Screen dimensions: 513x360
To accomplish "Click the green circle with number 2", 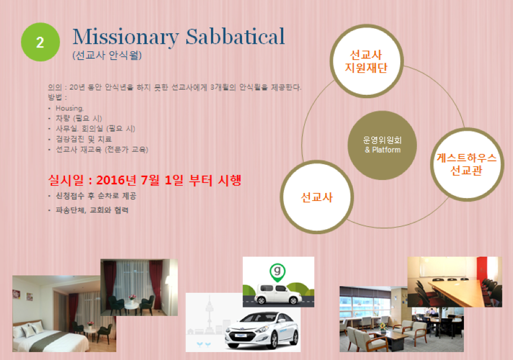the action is pyautogui.click(x=40, y=42).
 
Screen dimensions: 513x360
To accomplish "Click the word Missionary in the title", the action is pyautogui.click(x=126, y=37).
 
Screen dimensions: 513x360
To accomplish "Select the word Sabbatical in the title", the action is pyautogui.click(x=235, y=36).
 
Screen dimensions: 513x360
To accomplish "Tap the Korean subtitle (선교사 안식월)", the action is pyautogui.click(x=107, y=55).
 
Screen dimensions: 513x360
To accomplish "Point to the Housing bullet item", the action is pyautogui.click(x=69, y=108).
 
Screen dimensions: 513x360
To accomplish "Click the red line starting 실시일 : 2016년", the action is pyautogui.click(x=144, y=180).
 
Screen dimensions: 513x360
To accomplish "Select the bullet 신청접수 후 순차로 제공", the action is pyautogui.click(x=96, y=196).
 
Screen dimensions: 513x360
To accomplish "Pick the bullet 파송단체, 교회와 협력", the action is pyautogui.click(x=92, y=210).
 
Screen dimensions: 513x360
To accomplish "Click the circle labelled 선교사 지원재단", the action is pyautogui.click(x=367, y=61).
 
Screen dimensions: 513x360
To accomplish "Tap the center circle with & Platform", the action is pyautogui.click(x=382, y=145).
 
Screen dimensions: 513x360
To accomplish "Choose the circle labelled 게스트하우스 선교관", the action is pyautogui.click(x=467, y=164).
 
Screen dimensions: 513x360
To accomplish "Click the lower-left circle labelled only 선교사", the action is pyautogui.click(x=317, y=197).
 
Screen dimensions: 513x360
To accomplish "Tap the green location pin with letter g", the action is pyautogui.click(x=278, y=273).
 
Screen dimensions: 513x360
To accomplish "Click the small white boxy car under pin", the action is pyautogui.click(x=278, y=293).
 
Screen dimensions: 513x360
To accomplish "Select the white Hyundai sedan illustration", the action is pyautogui.click(x=262, y=330).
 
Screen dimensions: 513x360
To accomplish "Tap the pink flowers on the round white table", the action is pyautogui.click(x=133, y=297).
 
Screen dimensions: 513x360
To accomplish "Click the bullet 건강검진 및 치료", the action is pyautogui.click(x=84, y=139).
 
